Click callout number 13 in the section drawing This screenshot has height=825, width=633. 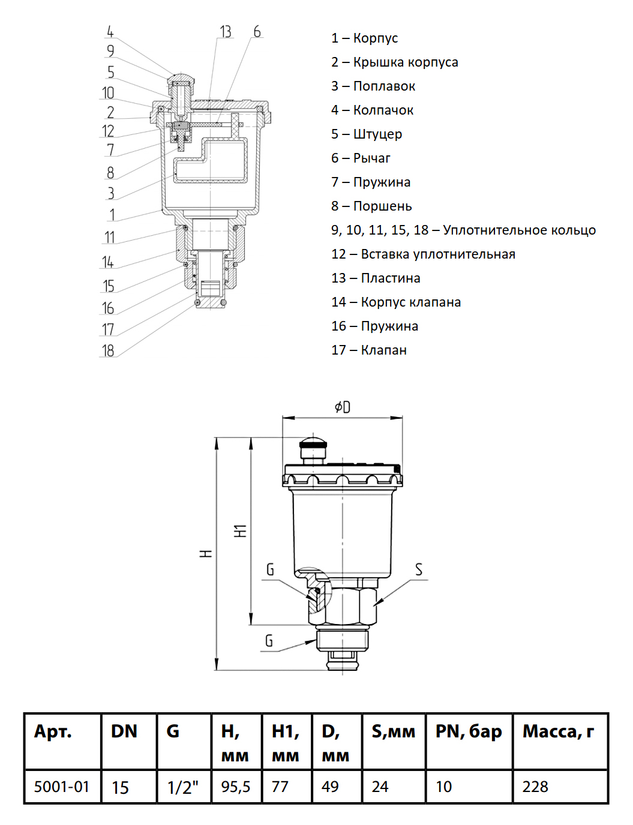tap(226, 32)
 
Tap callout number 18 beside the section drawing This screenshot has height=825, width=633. tap(108, 350)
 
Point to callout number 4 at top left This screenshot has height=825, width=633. tap(110, 32)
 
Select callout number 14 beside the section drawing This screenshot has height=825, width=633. tap(108, 262)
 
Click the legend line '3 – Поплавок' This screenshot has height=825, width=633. tap(373, 86)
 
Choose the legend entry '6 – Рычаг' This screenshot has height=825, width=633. tap(361, 158)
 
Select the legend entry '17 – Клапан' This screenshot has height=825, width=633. tap(369, 350)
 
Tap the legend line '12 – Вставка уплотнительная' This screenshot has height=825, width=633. tap(423, 254)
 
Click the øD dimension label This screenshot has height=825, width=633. tap(343, 407)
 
